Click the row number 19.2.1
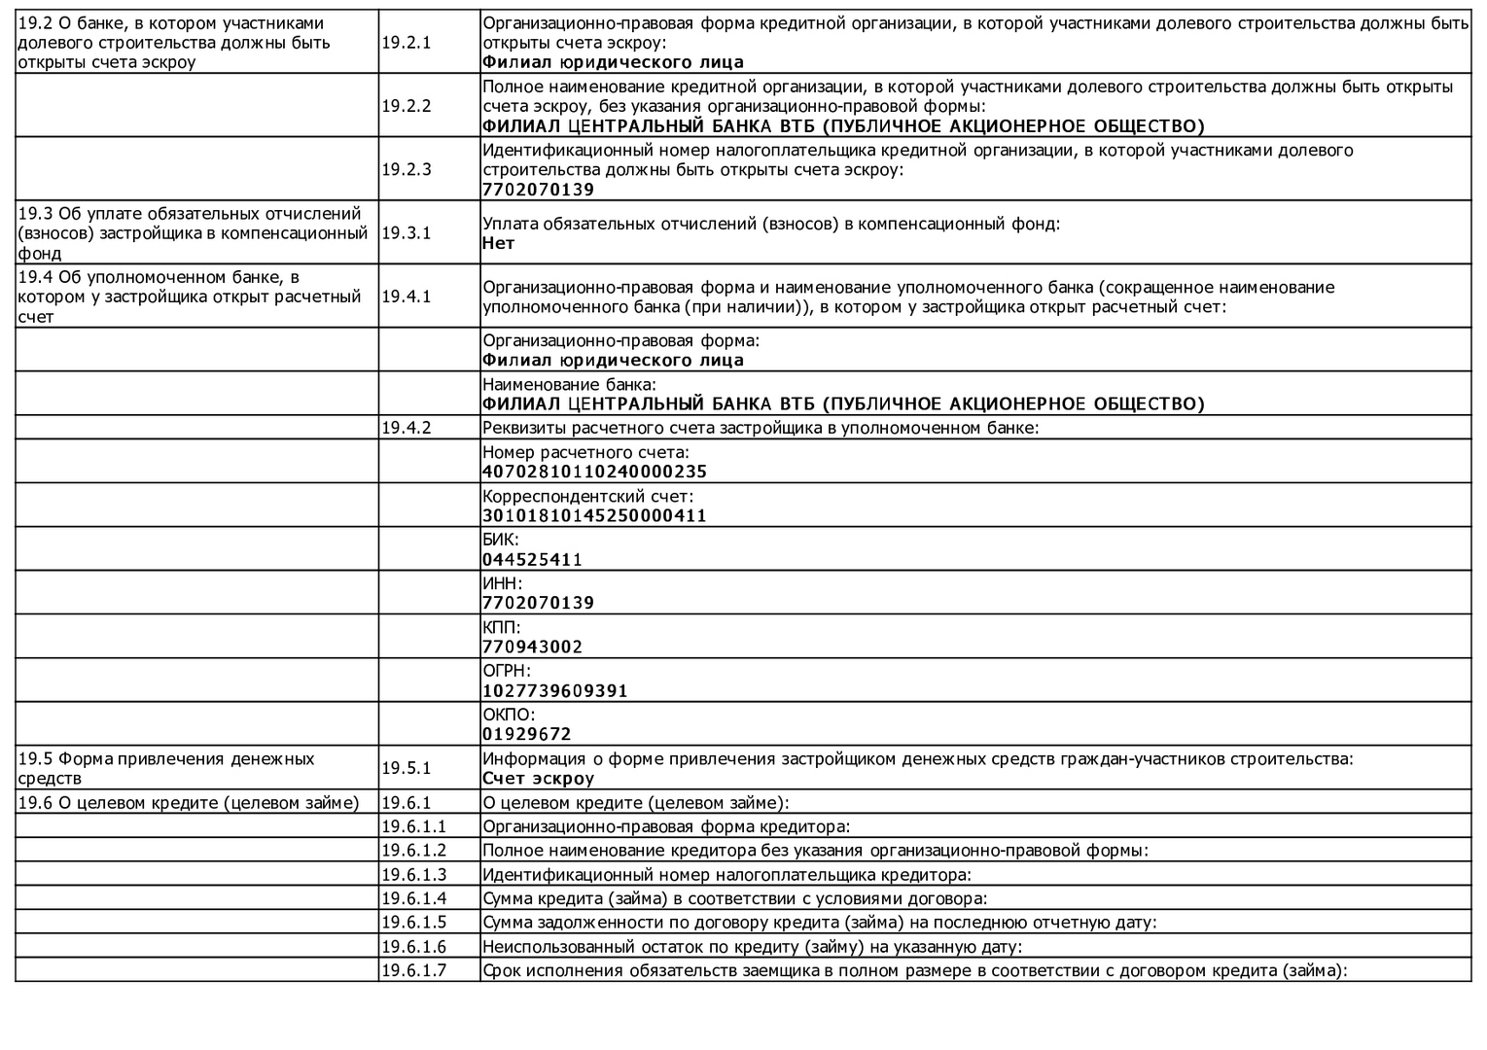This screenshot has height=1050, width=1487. (406, 43)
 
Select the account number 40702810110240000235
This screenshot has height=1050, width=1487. (594, 472)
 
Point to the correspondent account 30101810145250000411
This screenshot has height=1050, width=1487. (594, 515)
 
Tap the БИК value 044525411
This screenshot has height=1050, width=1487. (532, 560)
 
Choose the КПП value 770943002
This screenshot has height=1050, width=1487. (532, 647)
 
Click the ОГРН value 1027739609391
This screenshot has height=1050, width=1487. (554, 691)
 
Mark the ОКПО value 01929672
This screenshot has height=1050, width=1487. (526, 734)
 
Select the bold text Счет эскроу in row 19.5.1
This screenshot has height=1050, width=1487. (538, 778)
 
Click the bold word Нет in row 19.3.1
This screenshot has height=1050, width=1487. (498, 243)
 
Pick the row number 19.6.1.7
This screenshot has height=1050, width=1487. (413, 970)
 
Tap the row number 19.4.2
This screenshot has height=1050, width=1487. (406, 428)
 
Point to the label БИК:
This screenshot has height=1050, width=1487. (500, 540)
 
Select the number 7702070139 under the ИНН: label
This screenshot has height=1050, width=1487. (538, 603)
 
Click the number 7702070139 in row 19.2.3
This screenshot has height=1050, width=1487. (538, 190)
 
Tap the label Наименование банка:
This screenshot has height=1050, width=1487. (569, 385)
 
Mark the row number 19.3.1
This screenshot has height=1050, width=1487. (406, 233)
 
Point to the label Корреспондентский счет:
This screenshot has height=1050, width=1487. (588, 497)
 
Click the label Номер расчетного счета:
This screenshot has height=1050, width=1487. (585, 452)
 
